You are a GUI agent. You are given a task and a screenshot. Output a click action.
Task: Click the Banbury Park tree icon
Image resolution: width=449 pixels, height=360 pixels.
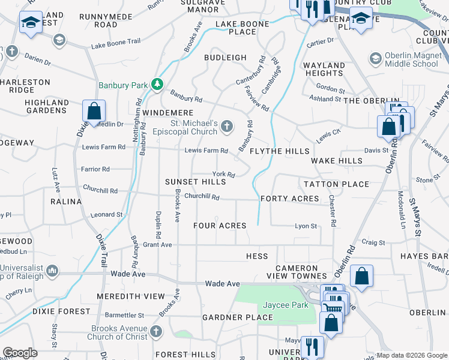(x=157, y=85)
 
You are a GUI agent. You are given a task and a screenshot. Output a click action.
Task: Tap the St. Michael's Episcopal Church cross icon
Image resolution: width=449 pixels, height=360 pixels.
(x=227, y=126)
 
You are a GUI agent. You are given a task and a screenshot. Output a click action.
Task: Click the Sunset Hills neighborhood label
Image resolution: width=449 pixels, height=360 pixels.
(x=196, y=181)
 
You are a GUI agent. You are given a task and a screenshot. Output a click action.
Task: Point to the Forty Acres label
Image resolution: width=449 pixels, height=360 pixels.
(x=289, y=199)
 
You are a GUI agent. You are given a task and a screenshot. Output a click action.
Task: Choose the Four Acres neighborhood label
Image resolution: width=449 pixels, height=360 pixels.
(x=220, y=226)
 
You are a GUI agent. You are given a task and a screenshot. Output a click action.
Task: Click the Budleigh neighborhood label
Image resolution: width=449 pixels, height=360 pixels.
(x=225, y=58)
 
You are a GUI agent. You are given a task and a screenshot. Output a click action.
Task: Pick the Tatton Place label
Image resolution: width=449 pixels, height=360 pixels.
(x=336, y=184)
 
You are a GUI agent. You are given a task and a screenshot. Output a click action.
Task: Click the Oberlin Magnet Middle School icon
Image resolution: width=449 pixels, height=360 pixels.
(x=376, y=59)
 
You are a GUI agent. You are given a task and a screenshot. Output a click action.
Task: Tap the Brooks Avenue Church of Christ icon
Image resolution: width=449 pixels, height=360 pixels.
(x=156, y=331)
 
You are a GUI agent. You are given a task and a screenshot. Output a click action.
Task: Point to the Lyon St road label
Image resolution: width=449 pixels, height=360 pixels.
(x=306, y=226)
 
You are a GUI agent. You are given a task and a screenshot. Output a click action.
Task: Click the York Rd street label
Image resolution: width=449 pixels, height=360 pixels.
(x=223, y=174)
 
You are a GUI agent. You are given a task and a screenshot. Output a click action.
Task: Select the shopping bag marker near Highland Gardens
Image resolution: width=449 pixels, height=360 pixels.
(x=94, y=111)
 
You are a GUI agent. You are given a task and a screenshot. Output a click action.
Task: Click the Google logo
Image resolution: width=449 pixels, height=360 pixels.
(x=20, y=353)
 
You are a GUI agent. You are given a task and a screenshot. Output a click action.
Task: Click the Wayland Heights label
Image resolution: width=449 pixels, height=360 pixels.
(x=324, y=69)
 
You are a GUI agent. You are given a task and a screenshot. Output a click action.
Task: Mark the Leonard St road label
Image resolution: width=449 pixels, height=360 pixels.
(x=106, y=214)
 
